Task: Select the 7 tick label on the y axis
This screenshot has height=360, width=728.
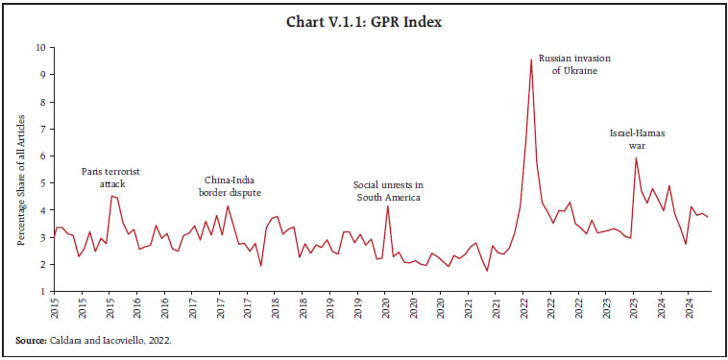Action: (x=40, y=129)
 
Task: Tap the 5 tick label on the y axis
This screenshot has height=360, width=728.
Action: (x=40, y=182)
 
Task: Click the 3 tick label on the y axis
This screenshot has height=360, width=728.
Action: (x=40, y=237)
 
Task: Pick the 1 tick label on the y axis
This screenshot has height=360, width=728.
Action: (x=40, y=291)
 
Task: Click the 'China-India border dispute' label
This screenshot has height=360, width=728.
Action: (x=229, y=184)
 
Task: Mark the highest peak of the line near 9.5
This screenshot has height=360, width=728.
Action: (x=531, y=60)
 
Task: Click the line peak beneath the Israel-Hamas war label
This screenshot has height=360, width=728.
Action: (x=636, y=157)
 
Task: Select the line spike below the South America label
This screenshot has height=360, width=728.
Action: (x=388, y=206)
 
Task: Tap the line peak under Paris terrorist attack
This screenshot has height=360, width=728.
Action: (x=111, y=196)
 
